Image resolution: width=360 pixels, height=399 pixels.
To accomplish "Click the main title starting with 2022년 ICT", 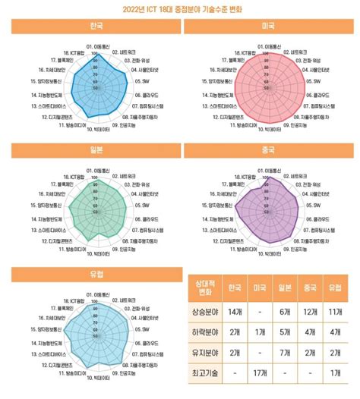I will tap(179, 10).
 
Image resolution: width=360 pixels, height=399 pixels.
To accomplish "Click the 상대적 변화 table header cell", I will tap(204, 288).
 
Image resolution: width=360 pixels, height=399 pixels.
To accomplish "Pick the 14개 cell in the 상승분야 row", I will tap(235, 313).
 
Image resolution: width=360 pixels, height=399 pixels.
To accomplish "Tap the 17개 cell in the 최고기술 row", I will tap(260, 373).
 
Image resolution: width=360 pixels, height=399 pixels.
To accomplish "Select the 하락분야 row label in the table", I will tap(204, 332).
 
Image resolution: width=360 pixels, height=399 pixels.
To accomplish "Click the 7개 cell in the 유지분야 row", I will tap(285, 353).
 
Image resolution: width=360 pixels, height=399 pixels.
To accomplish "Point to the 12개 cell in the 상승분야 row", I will tap(310, 313).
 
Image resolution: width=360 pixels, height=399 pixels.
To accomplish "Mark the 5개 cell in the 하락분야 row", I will tap(285, 332).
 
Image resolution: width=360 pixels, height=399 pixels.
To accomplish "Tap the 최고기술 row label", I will tap(204, 373).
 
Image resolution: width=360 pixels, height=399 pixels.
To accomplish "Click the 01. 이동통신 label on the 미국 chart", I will tap(268, 45).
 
